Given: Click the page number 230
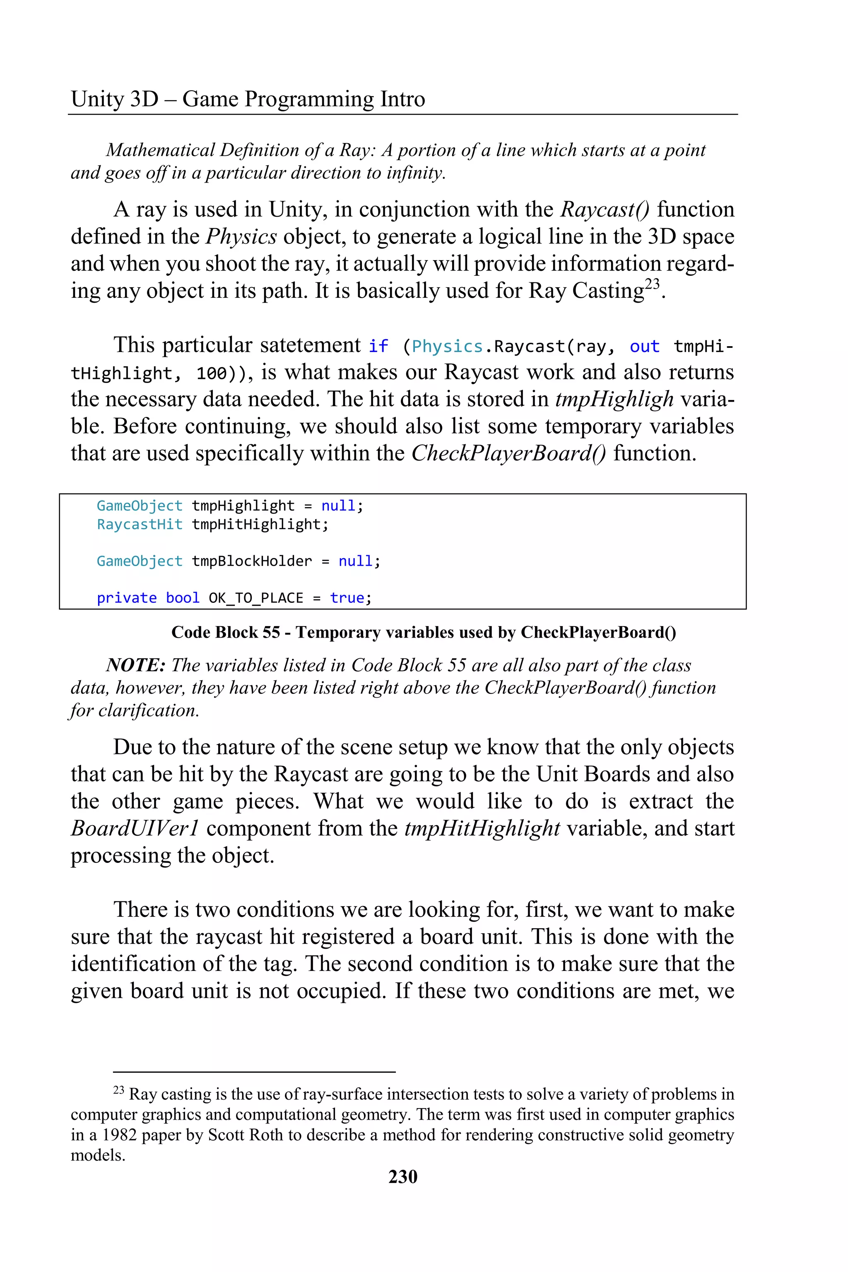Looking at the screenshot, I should (403, 1176).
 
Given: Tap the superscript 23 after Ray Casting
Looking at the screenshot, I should (652, 284).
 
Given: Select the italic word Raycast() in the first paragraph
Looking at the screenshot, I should (605, 210).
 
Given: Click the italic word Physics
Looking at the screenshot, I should (241, 237).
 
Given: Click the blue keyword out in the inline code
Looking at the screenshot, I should (644, 346).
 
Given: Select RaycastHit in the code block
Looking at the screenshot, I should (140, 524).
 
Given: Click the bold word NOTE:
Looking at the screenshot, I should (135, 665).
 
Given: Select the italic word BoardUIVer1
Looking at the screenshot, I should (135, 829).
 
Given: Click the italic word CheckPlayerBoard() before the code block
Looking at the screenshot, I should (509, 453).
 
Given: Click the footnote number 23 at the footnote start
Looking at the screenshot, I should (118, 1090).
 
